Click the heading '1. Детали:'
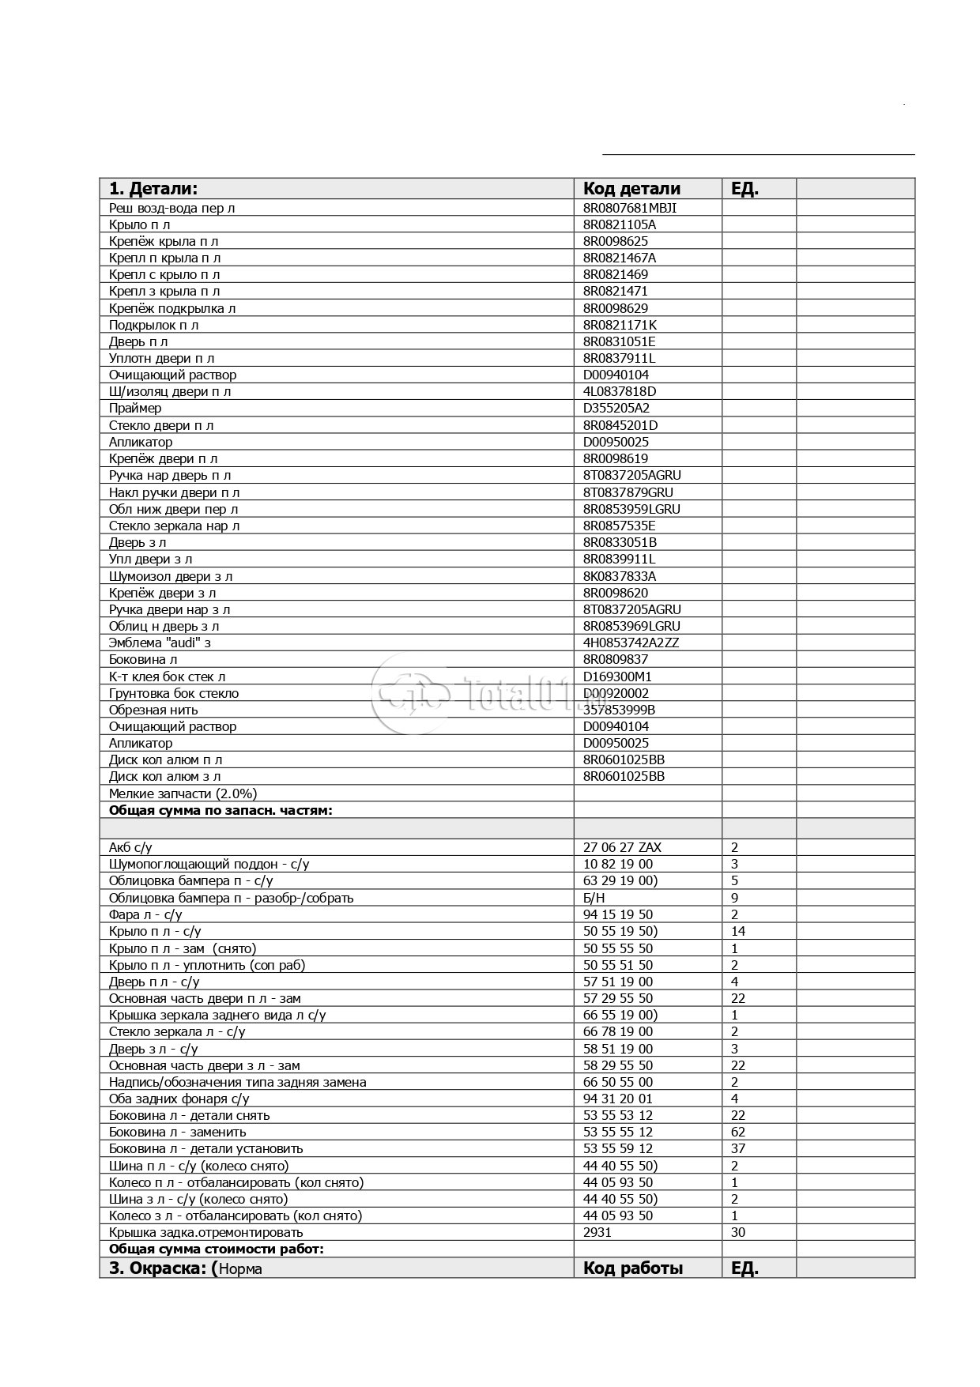pos(153,188)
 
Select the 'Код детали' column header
pos(631,188)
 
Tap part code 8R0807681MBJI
pos(629,208)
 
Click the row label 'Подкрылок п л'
pos(153,325)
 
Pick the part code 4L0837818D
pos(619,391)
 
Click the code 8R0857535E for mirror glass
pos(619,526)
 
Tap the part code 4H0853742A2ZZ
pos(631,643)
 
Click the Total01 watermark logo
pos(486,693)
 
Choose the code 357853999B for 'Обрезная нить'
pos(619,710)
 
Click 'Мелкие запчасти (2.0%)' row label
pos(183,793)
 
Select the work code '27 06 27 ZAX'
pos(622,847)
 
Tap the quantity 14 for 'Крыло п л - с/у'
pos(738,931)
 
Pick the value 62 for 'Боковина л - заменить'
pos(738,1132)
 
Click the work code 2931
pos(597,1232)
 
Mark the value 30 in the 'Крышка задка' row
pos(738,1232)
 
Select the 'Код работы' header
pos(632,1268)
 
